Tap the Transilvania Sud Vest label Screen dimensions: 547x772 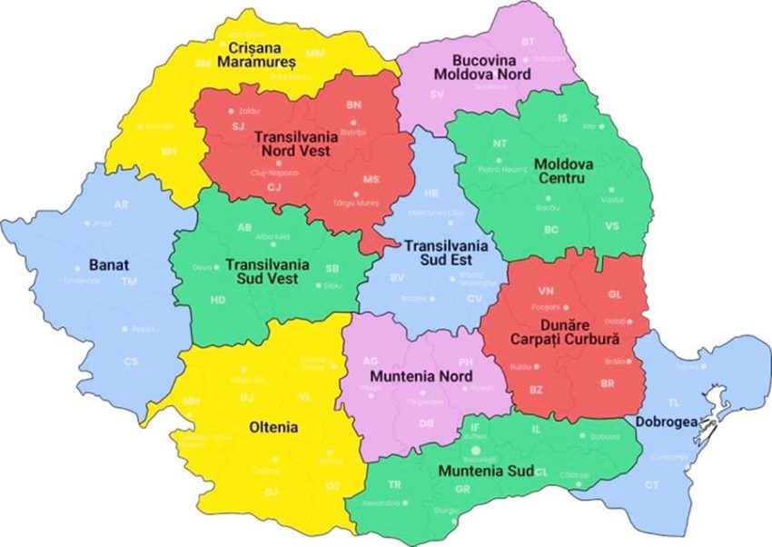268,271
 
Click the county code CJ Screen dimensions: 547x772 273,187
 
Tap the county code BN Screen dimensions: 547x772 353,105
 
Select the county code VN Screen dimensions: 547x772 546,292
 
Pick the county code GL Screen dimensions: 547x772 615,293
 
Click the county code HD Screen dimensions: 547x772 218,300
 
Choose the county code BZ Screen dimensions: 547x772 537,389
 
